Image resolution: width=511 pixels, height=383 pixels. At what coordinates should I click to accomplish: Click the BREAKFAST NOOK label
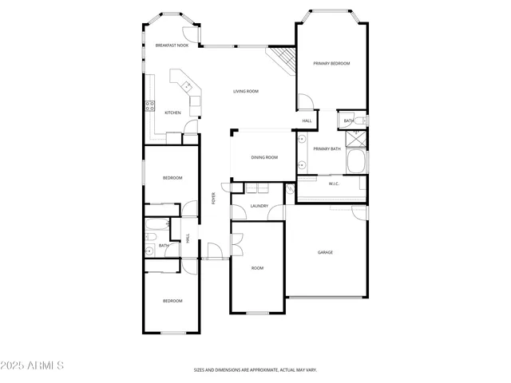pyautogui.click(x=172, y=45)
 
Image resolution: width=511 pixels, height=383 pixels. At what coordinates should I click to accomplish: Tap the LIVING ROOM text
pyautogui.click(x=246, y=91)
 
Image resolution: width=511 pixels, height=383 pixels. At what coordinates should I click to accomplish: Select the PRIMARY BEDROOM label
pyautogui.click(x=331, y=63)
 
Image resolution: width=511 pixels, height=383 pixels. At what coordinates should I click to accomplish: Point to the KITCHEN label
pyautogui.click(x=172, y=113)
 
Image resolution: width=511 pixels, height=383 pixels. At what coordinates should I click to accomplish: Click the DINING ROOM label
pyautogui.click(x=264, y=157)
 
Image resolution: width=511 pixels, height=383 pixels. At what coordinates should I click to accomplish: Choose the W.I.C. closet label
pyautogui.click(x=334, y=184)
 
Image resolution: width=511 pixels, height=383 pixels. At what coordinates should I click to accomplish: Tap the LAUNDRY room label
pyautogui.click(x=259, y=206)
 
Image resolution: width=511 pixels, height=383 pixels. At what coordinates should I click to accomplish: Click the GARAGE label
pyautogui.click(x=325, y=252)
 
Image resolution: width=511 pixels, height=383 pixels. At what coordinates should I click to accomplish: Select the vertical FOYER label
pyautogui.click(x=213, y=199)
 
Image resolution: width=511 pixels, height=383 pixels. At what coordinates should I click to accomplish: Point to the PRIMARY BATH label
pyautogui.click(x=327, y=148)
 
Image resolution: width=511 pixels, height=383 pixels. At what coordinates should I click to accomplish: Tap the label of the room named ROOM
pyautogui.click(x=257, y=268)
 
